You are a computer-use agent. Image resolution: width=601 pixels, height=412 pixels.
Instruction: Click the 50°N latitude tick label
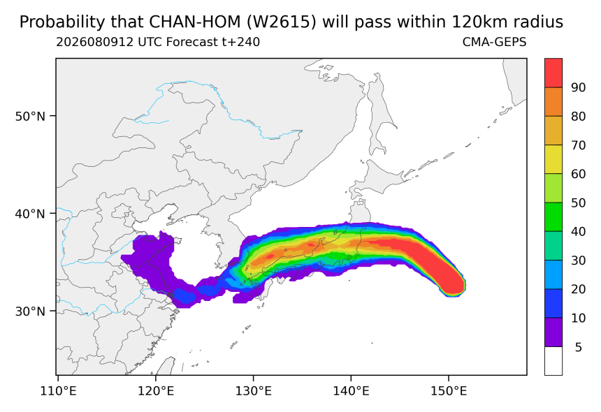[30, 116]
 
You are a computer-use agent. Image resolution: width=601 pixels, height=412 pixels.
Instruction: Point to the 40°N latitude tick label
[30, 214]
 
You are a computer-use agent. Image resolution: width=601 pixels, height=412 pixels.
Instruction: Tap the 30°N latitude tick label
[30, 311]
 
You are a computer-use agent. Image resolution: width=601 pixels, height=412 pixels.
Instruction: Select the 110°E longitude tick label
[58, 391]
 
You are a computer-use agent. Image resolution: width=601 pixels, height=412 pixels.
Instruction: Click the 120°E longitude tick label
[156, 391]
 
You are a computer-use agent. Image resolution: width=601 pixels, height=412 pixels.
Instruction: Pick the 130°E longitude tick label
[254, 391]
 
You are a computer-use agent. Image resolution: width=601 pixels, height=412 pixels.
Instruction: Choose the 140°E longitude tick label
[352, 391]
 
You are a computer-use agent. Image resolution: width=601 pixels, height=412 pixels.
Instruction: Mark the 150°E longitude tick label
[449, 391]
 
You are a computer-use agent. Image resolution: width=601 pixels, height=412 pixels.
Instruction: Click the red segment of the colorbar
[553, 73]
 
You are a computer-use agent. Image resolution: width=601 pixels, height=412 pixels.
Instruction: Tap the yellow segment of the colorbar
[553, 159]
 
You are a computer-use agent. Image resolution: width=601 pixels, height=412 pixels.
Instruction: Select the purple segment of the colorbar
[553, 332]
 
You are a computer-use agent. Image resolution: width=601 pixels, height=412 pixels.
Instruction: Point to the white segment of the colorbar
[553, 361]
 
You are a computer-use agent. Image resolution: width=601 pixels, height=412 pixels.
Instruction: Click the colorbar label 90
[579, 88]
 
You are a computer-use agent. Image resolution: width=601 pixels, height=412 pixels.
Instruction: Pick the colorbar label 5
[579, 347]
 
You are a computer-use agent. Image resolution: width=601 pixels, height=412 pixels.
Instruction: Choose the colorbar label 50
[579, 203]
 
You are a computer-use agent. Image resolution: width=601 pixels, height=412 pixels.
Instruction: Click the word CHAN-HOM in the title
[195, 22]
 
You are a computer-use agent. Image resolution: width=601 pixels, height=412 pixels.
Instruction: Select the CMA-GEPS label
[495, 42]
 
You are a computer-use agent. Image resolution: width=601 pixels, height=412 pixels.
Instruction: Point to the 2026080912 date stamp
[95, 42]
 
